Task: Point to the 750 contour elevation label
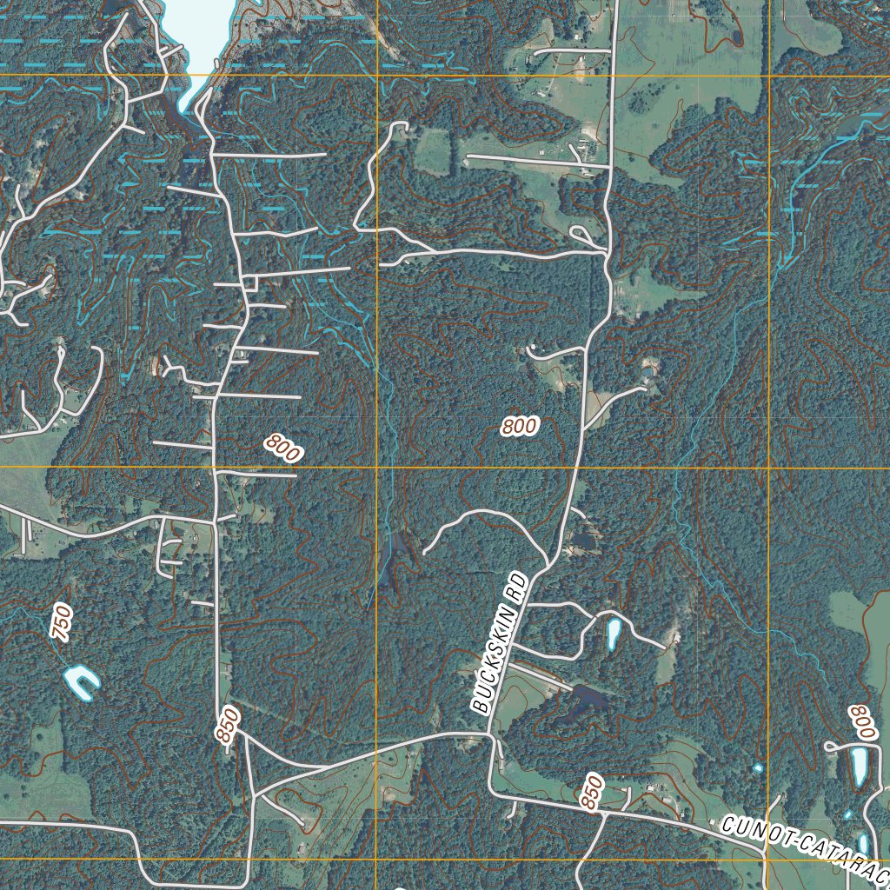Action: [61, 622]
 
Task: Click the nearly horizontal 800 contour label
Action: [519, 426]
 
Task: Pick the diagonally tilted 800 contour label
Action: [283, 448]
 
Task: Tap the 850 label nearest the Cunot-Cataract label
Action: [593, 792]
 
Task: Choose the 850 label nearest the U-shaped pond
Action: [227, 724]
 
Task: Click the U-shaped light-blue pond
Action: [82, 681]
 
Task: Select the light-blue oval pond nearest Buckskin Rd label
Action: [614, 634]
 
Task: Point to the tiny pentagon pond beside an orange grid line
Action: [758, 768]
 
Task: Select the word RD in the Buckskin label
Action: [518, 584]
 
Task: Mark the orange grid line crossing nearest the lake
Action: [377, 76]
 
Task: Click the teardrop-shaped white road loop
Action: [581, 235]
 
